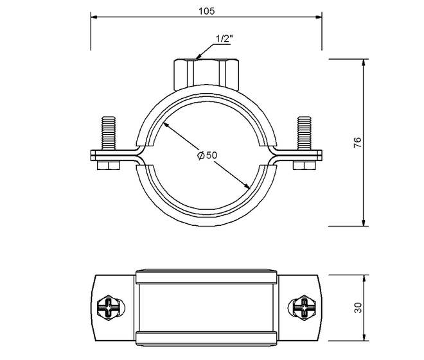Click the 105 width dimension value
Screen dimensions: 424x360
point(207,11)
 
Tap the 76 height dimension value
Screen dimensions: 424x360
point(357,142)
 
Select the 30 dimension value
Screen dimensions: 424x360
point(358,307)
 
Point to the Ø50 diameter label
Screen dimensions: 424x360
point(207,155)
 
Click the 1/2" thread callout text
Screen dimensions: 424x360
point(224,39)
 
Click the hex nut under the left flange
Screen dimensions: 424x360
point(109,166)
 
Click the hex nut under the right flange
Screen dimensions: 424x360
point(305,166)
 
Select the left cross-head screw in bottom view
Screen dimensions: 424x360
point(109,307)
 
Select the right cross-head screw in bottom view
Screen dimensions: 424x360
point(305,307)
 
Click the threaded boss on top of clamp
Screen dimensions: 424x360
point(207,74)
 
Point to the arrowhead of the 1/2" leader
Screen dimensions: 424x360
point(198,57)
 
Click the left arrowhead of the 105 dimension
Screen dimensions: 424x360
point(94,17)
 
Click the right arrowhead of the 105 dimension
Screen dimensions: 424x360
point(319,17)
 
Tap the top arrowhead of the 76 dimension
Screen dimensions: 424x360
point(364,62)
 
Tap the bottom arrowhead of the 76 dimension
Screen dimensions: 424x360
point(364,223)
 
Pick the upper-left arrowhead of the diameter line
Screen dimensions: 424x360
point(166,125)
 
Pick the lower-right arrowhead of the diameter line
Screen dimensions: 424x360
point(247,186)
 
